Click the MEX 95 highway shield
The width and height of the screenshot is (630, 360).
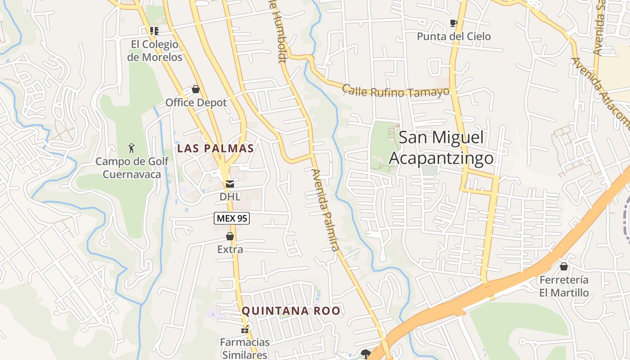231,218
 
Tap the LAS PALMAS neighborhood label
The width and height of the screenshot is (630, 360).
216,148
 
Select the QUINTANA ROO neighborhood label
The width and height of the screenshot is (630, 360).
291,310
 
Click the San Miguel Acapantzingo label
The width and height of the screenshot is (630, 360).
441,148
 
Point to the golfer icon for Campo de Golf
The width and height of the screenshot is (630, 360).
131,148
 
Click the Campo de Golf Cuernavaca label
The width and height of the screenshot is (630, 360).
132,167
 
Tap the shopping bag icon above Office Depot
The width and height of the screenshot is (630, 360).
196,89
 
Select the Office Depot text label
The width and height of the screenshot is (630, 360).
196,103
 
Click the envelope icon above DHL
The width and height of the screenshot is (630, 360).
230,184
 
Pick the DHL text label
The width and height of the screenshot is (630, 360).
230,197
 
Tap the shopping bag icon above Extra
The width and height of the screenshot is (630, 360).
230,236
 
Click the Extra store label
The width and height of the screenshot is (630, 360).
230,249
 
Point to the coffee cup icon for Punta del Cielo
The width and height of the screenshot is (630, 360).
454,23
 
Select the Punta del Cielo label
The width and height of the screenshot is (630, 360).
454,36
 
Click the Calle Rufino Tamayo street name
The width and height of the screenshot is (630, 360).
396,91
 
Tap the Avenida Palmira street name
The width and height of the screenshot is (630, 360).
324,210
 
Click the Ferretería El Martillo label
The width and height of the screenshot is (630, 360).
564,286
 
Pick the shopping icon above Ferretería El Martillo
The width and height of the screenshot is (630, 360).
564,266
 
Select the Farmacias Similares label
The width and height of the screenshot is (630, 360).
245,348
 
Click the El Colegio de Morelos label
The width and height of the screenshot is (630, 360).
154,51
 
